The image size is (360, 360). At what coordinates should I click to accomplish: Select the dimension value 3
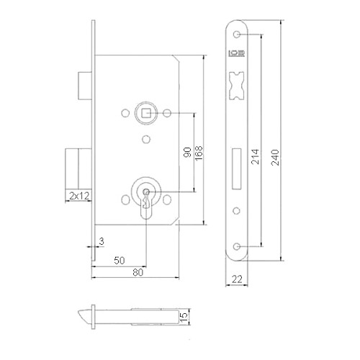[103, 241]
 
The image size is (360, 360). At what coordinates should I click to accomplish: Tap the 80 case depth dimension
[135, 273]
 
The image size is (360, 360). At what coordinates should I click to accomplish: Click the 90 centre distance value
[186, 153]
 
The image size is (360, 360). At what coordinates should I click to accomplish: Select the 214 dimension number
[254, 163]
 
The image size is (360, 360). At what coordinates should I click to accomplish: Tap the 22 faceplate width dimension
[238, 279]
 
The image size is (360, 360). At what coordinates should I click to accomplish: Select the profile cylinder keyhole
[146, 198]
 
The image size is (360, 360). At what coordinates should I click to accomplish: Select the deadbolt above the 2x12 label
[75, 168]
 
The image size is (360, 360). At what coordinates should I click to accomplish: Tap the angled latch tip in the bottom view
[85, 315]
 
